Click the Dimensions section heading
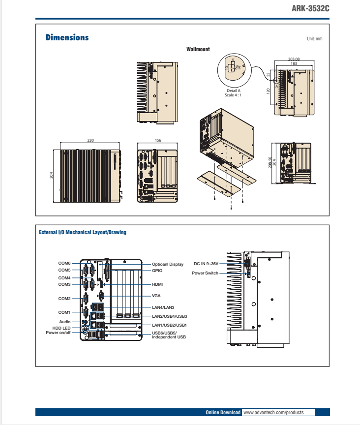[x=67, y=37]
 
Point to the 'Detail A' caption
[x=233, y=91]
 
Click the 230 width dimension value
[x=90, y=140]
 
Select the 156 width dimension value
[x=158, y=140]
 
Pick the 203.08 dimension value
[x=294, y=59]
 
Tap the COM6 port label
[x=64, y=263]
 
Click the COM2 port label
[x=64, y=299]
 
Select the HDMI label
[x=157, y=284]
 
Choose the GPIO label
[x=157, y=271]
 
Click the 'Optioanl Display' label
[x=167, y=264]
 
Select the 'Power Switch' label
[x=205, y=273]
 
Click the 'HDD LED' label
[x=61, y=328]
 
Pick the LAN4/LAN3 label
[x=163, y=307]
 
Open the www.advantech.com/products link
[x=273, y=412]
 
